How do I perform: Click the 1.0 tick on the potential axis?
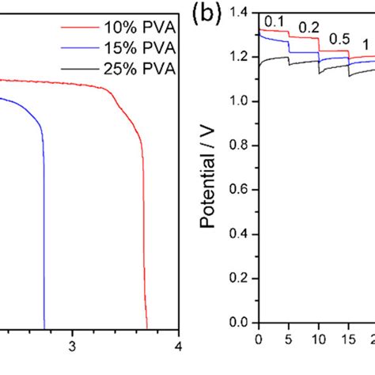(241, 101)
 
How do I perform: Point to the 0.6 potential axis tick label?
(241, 191)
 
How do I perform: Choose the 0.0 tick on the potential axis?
(241, 324)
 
